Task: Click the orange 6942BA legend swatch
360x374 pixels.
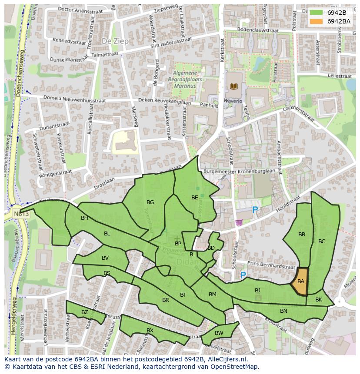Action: (316, 21)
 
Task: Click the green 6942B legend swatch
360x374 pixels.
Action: (316, 13)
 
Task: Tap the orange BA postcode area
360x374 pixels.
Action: (300, 281)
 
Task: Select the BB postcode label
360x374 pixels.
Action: (302, 235)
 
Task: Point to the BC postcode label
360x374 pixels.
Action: (322, 242)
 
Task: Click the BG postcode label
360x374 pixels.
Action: (150, 202)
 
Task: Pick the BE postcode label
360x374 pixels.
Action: (195, 198)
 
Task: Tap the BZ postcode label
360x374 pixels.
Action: (85, 312)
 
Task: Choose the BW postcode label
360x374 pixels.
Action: (219, 333)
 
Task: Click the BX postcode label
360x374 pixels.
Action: (150, 331)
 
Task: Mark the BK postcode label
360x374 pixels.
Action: (319, 300)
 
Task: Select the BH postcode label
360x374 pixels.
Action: (84, 218)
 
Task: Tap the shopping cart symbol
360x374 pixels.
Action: (238, 223)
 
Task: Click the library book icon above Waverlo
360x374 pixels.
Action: (233, 86)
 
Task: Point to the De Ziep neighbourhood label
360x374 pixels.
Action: (113, 40)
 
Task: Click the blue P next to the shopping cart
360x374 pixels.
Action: (255, 210)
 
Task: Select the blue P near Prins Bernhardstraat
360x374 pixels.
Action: (243, 275)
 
